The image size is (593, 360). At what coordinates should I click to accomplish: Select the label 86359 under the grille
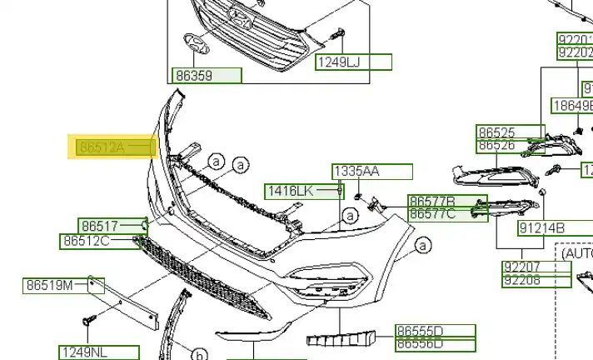[194, 76]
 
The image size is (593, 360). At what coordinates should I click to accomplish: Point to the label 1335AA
[356, 172]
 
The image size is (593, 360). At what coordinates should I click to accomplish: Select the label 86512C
[87, 242]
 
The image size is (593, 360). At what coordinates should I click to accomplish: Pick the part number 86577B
[432, 202]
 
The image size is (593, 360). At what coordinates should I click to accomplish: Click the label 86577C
[432, 214]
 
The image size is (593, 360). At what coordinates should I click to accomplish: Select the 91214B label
[542, 227]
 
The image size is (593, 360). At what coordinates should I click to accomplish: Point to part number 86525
[497, 132]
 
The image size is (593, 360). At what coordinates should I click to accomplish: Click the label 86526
[497, 146]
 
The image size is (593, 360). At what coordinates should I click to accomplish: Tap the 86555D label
[420, 331]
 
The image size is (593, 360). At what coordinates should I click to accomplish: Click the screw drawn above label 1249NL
[88, 320]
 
